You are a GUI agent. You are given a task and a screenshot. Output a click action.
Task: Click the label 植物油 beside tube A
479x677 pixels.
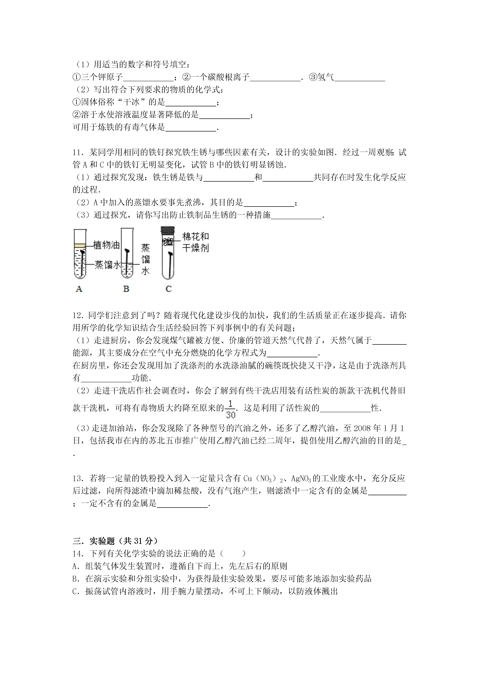click(106, 245)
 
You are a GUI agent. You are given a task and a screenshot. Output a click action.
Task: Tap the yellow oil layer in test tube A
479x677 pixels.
click(80, 245)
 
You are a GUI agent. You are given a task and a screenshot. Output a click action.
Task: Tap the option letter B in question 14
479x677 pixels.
click(75, 579)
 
